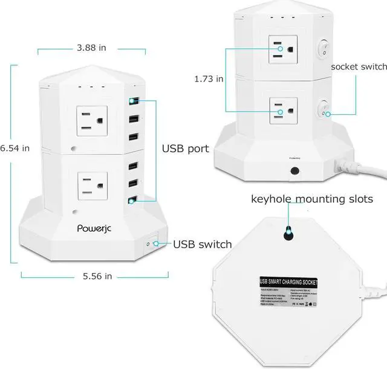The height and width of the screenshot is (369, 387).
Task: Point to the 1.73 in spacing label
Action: coord(207,79)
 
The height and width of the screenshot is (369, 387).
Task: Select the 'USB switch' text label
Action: coord(202,244)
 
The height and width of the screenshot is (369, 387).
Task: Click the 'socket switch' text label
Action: coord(359,66)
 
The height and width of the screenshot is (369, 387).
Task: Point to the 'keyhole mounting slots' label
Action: coord(312,199)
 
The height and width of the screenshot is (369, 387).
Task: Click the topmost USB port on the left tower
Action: coord(132,101)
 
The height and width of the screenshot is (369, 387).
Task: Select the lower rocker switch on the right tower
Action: coord(324,109)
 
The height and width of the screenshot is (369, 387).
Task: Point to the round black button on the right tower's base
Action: coord(294,171)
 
